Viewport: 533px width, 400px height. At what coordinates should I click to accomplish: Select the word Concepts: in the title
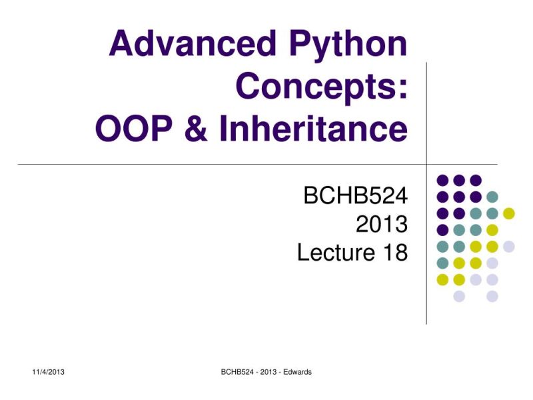(x=321, y=87)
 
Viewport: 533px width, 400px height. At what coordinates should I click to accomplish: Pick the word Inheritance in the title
(x=313, y=129)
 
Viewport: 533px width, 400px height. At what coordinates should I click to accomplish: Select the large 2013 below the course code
(x=381, y=225)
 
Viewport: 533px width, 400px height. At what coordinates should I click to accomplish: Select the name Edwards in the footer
(x=296, y=372)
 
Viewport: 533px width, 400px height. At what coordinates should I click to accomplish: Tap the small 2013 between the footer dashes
(x=266, y=372)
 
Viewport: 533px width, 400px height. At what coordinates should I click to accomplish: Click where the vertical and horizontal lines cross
(x=426, y=164)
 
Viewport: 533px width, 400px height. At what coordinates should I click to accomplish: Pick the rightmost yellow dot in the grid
(x=509, y=213)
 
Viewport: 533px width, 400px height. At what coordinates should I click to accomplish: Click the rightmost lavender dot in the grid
(x=509, y=247)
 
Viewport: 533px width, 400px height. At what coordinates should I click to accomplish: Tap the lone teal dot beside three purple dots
(x=492, y=197)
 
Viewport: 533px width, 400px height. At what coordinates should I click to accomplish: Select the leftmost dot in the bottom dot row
(x=459, y=297)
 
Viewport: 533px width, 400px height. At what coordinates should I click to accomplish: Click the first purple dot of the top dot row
(x=442, y=180)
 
